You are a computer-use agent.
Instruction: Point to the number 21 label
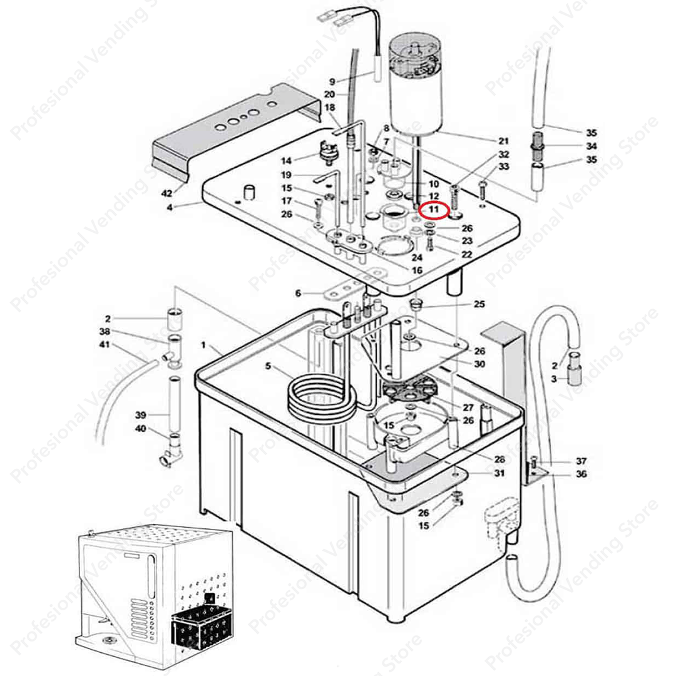(x=503, y=141)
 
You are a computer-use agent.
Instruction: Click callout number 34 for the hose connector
(x=591, y=146)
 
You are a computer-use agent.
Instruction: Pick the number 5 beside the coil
(x=268, y=366)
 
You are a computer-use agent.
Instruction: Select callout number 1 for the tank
(x=203, y=345)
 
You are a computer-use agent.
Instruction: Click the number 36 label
(x=581, y=474)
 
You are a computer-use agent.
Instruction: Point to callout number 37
(x=581, y=461)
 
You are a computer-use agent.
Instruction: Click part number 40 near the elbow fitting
(x=141, y=429)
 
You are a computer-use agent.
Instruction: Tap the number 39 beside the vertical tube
(x=141, y=415)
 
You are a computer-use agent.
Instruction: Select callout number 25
(x=479, y=304)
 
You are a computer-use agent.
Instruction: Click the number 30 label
(x=479, y=364)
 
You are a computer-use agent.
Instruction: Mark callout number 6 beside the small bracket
(x=298, y=294)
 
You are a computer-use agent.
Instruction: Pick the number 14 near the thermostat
(x=286, y=160)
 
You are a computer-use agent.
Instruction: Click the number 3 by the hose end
(x=553, y=379)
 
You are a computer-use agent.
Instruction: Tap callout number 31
(x=499, y=473)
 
